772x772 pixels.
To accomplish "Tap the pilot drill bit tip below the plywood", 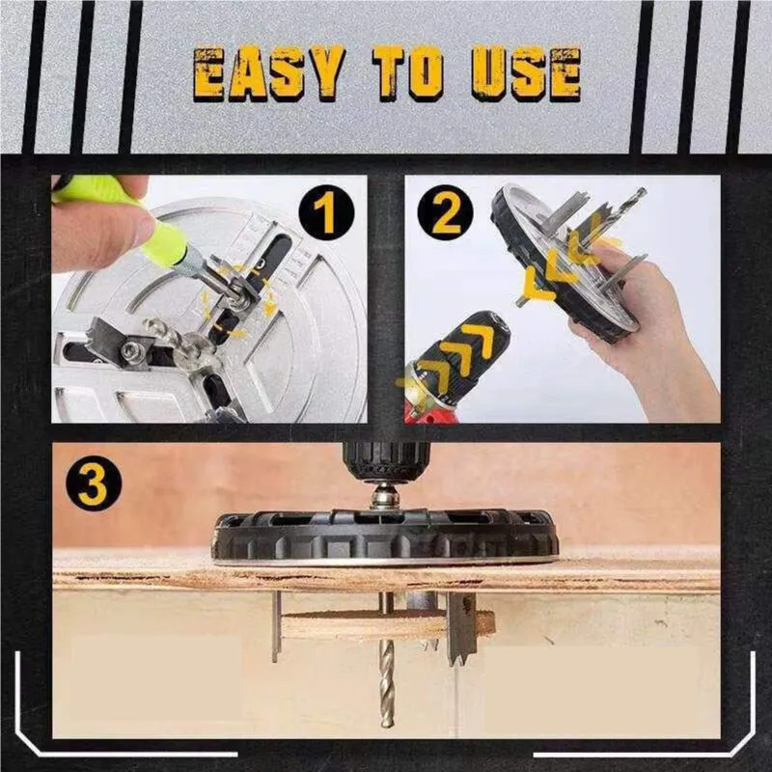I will pos(386,714).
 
